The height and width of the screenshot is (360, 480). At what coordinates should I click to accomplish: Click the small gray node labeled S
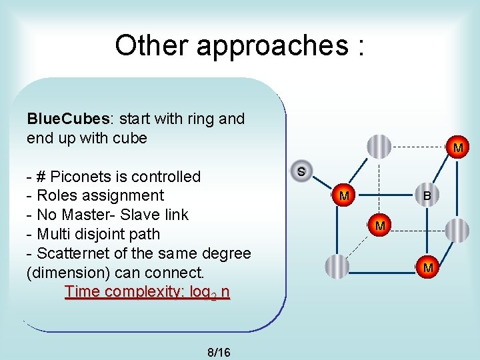pyautogui.click(x=301, y=171)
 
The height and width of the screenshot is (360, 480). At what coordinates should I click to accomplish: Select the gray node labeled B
pyautogui.click(x=426, y=196)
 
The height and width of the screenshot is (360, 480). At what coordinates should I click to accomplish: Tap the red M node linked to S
pyautogui.click(x=343, y=196)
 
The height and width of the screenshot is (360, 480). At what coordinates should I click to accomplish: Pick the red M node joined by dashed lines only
pyautogui.click(x=379, y=226)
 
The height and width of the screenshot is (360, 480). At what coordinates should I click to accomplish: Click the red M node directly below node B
pyautogui.click(x=428, y=267)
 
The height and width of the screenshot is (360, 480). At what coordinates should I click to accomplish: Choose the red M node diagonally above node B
pyautogui.click(x=458, y=147)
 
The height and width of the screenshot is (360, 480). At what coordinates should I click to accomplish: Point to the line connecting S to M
pyautogui.click(x=322, y=183)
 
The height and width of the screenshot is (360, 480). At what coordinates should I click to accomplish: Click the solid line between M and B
pyautogui.click(x=385, y=196)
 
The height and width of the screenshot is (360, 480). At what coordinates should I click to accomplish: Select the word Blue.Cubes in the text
pyautogui.click(x=68, y=119)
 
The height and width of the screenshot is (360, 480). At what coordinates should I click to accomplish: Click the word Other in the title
pyautogui.click(x=151, y=45)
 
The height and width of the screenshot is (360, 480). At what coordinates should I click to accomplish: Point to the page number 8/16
pyautogui.click(x=219, y=352)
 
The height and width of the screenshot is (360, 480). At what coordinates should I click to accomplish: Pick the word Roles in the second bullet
pyautogui.click(x=55, y=195)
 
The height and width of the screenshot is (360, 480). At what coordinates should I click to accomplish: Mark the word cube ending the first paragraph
pyautogui.click(x=129, y=138)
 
